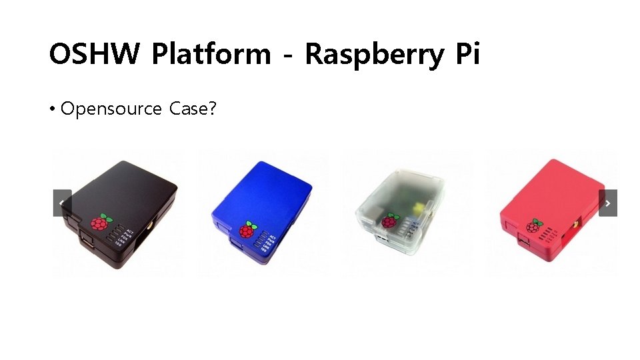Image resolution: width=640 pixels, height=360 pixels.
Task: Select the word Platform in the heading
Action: click(211, 54)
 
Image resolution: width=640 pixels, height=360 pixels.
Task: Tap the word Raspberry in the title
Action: click(374, 54)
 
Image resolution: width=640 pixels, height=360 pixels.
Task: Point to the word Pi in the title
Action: click(467, 54)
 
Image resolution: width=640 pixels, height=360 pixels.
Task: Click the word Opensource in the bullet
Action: click(111, 109)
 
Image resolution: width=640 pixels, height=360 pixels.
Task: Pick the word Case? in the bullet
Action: click(193, 109)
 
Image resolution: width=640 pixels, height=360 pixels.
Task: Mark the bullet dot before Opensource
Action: click(52, 109)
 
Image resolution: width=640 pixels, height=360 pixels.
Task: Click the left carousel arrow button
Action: click(62, 203)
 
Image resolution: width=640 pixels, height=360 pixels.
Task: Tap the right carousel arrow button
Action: click(607, 203)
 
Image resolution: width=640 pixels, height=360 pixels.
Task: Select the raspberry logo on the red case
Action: click(535, 226)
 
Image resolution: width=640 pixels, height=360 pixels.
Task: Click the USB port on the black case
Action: click(87, 241)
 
